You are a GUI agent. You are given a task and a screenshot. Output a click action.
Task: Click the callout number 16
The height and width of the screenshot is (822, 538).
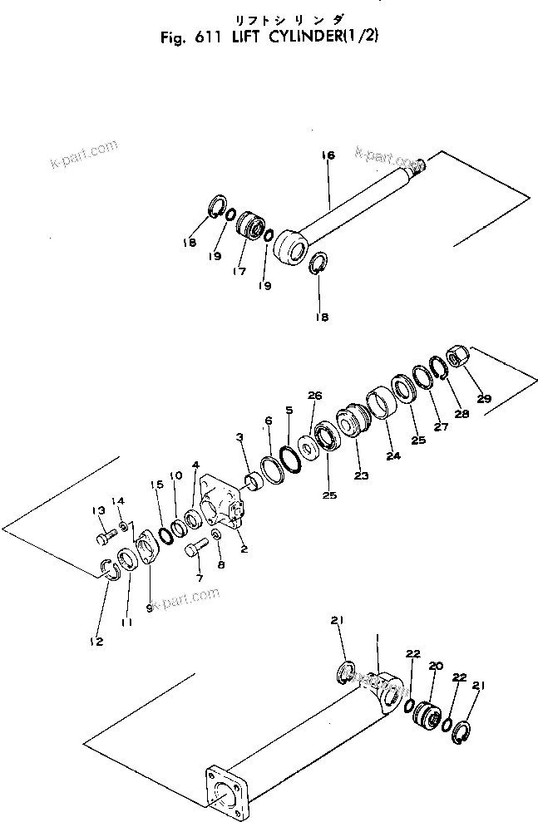pyautogui.click(x=327, y=155)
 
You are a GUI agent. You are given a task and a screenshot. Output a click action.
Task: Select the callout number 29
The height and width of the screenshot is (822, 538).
pyautogui.click(x=484, y=398)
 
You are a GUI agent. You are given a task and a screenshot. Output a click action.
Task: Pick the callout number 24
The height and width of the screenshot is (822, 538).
pyautogui.click(x=392, y=455)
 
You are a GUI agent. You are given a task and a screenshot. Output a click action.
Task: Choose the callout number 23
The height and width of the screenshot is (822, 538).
pyautogui.click(x=360, y=475)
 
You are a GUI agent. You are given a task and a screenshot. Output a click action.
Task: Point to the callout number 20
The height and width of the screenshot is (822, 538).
pyautogui.click(x=435, y=667)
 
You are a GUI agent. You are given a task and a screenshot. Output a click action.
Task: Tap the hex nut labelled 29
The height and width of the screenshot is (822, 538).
pyautogui.click(x=457, y=358)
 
